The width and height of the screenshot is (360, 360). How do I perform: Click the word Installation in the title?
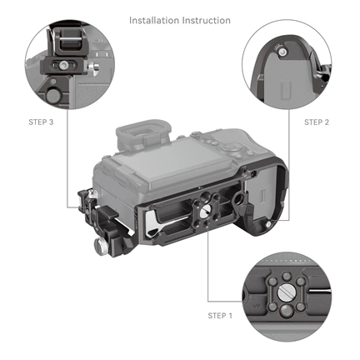click(x=155, y=19)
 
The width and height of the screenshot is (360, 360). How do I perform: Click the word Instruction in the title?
click(x=205, y=19)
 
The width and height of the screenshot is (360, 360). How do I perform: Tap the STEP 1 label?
click(x=221, y=316)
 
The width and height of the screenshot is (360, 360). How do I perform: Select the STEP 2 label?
click(x=317, y=122)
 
